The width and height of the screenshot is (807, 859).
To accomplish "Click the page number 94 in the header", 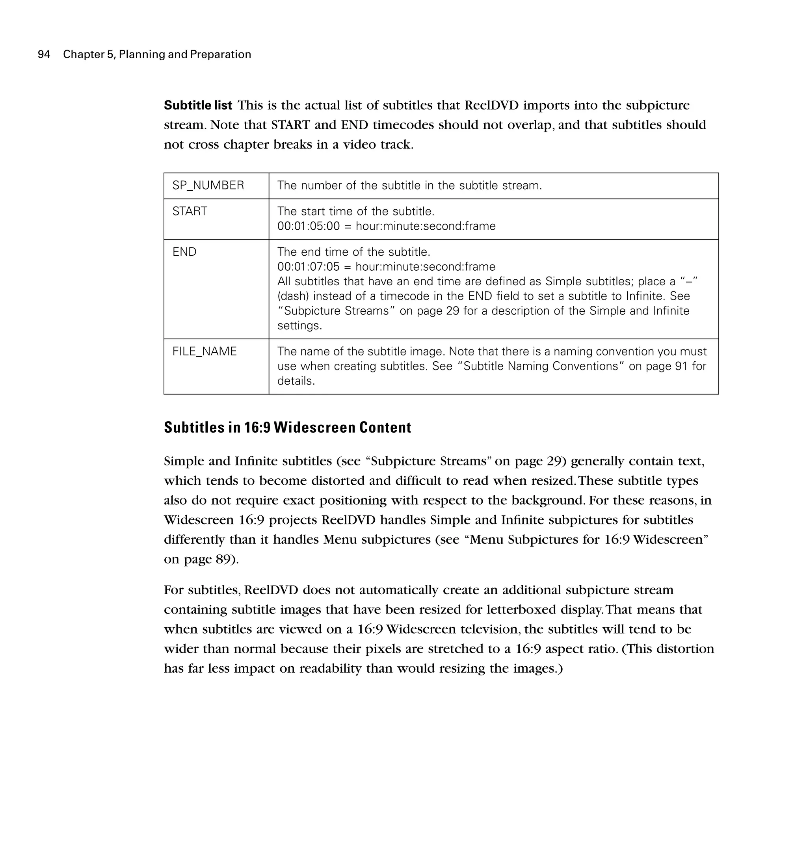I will [44, 54].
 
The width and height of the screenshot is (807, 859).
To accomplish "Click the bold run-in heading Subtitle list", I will [198, 105].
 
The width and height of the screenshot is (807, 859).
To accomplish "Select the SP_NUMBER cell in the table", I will [208, 185].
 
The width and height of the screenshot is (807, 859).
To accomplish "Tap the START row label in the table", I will [190, 211].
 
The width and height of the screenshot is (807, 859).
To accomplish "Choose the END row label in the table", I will [184, 252].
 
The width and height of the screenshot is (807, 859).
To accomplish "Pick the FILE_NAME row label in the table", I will [205, 351].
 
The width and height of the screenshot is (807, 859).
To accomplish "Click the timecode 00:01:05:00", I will [309, 226].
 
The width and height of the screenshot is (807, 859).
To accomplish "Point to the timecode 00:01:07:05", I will [309, 267].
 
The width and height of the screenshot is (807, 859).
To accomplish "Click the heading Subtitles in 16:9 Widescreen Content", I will [287, 428].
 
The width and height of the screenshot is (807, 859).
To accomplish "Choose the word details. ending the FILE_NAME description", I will [296, 381].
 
